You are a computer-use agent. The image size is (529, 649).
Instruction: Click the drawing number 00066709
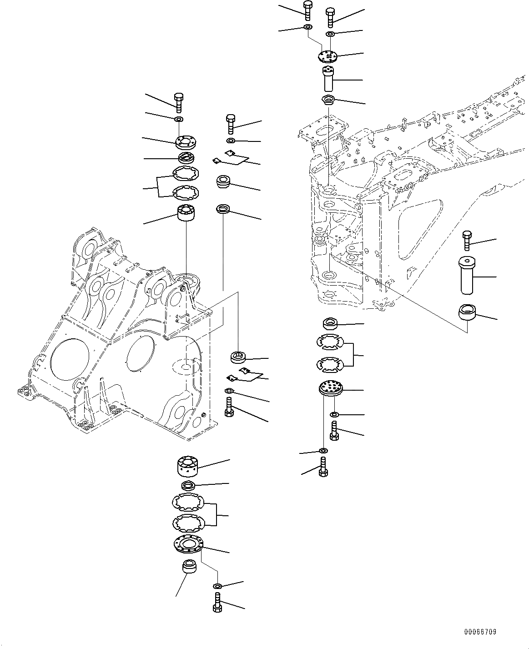point(480,632)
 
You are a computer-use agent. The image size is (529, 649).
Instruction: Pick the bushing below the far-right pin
point(467,313)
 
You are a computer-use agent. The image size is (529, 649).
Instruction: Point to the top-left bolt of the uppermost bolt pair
point(307,10)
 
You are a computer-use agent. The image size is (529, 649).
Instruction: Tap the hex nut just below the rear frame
point(330,324)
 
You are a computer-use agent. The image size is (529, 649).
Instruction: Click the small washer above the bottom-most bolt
point(217,586)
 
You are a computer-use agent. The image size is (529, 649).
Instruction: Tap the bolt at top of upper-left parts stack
point(178,102)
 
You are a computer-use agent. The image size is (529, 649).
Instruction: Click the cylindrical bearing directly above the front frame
point(186,213)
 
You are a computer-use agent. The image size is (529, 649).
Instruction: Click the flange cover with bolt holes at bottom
point(188,544)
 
